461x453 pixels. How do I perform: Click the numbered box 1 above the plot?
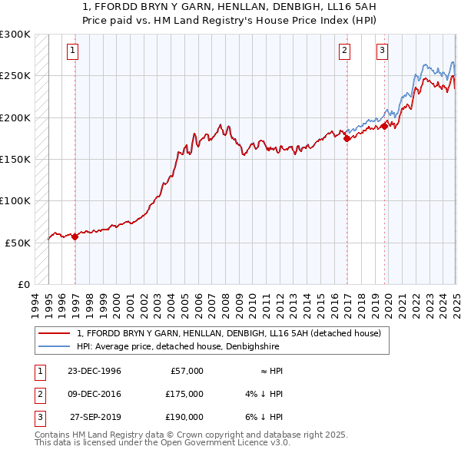pyautogui.click(x=71, y=51)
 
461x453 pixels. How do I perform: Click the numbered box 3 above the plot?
pyautogui.click(x=382, y=51)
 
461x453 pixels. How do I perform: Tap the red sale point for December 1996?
pyautogui.click(x=75, y=237)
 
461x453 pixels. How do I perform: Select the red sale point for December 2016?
pyautogui.click(x=347, y=139)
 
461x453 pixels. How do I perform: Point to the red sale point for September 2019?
pyautogui.click(x=384, y=126)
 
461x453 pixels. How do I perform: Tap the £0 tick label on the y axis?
pyautogui.click(x=23, y=284)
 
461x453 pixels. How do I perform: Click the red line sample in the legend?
pyautogui.click(x=55, y=333)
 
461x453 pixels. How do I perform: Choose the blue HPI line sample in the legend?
pyautogui.click(x=55, y=346)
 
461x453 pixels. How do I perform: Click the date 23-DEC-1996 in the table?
pyautogui.click(x=94, y=371)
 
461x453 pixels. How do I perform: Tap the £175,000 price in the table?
pyautogui.click(x=184, y=394)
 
